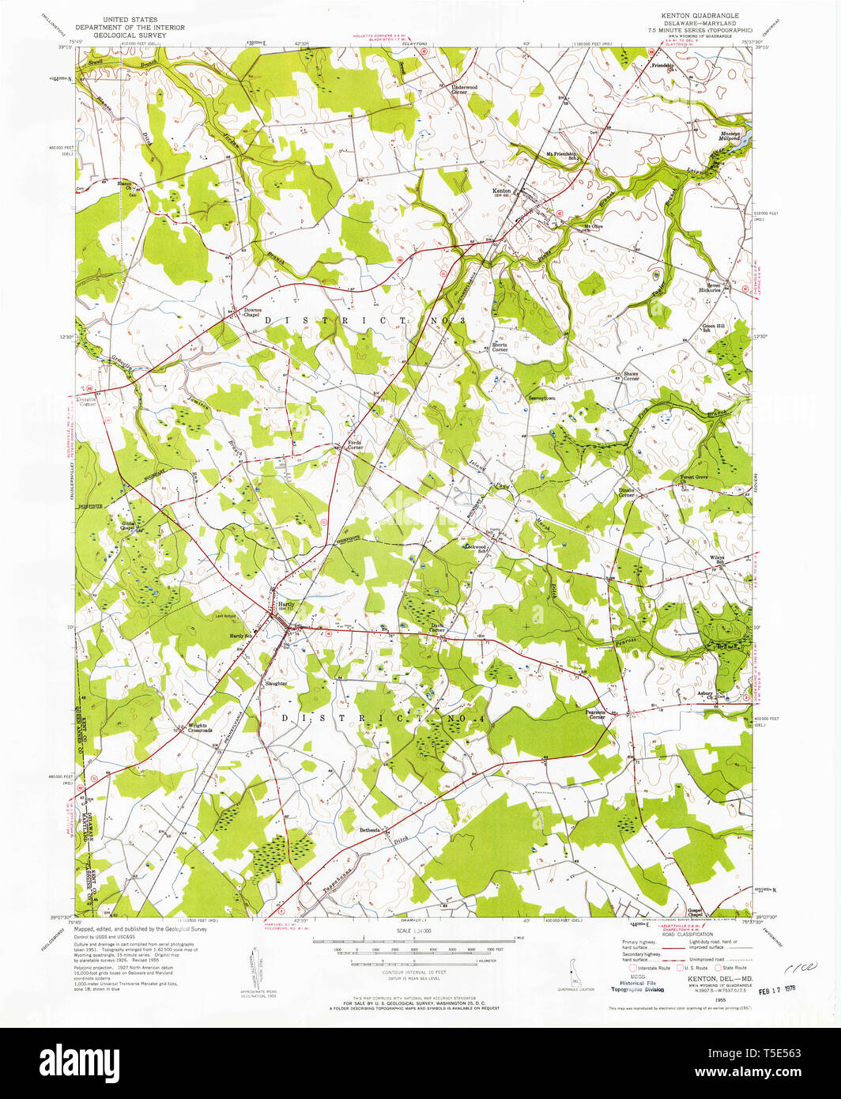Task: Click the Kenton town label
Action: click(x=502, y=191)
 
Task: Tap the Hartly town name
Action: click(x=286, y=605)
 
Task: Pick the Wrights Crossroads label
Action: click(x=199, y=727)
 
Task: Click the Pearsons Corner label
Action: click(x=596, y=714)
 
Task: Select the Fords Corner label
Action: click(x=356, y=445)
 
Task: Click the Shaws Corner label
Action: click(x=631, y=376)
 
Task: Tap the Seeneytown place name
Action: click(x=542, y=398)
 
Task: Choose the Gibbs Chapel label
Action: click(x=128, y=525)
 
